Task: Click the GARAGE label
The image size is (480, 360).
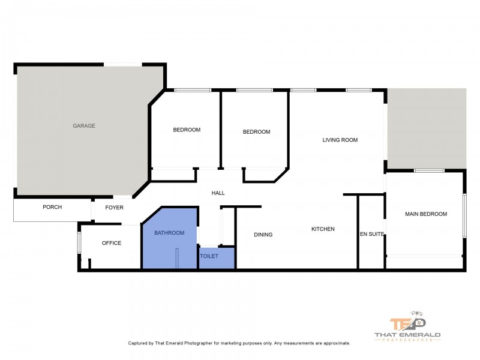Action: coord(84,126)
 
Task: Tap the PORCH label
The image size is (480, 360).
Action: coord(52,207)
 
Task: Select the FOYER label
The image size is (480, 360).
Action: coord(114,208)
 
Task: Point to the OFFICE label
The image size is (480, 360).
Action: coord(112,243)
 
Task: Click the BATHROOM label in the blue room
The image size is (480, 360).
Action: coord(169,232)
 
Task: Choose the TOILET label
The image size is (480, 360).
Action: coord(209,256)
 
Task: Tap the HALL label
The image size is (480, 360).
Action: coord(218,193)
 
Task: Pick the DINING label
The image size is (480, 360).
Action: coord(263,235)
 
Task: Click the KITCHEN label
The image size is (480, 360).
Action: coord(323,229)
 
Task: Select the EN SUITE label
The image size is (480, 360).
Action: coord(371,234)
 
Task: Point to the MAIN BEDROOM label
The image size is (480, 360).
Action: coord(426,214)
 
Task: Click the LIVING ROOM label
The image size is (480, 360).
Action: coord(340,140)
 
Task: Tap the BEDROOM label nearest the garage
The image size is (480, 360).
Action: coord(187,130)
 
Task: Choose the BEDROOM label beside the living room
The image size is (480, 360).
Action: coord(256,132)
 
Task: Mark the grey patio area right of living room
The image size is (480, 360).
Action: coord(427,126)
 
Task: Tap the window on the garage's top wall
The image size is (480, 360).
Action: coord(125,64)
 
